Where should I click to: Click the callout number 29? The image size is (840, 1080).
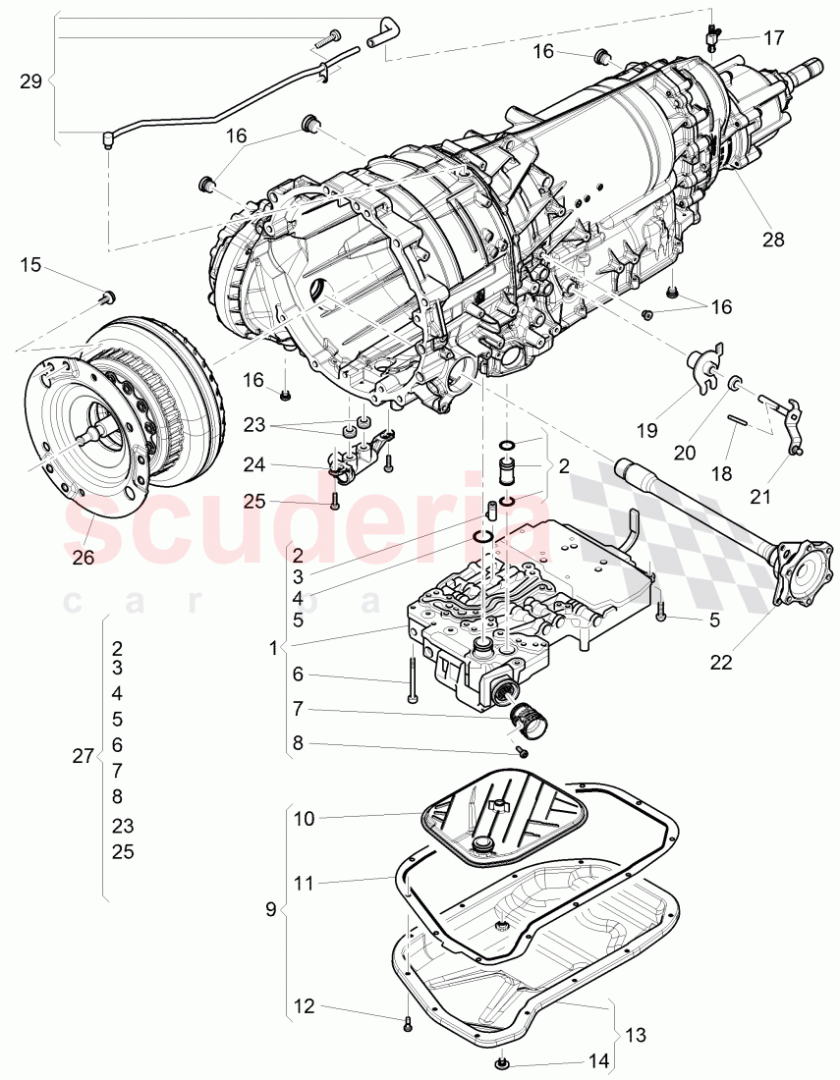click(x=30, y=81)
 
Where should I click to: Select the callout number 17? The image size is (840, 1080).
click(x=774, y=38)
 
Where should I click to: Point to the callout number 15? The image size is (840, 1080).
click(x=30, y=265)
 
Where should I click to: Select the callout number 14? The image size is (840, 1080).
click(x=597, y=1060)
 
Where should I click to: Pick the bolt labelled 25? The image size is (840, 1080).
click(x=336, y=501)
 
